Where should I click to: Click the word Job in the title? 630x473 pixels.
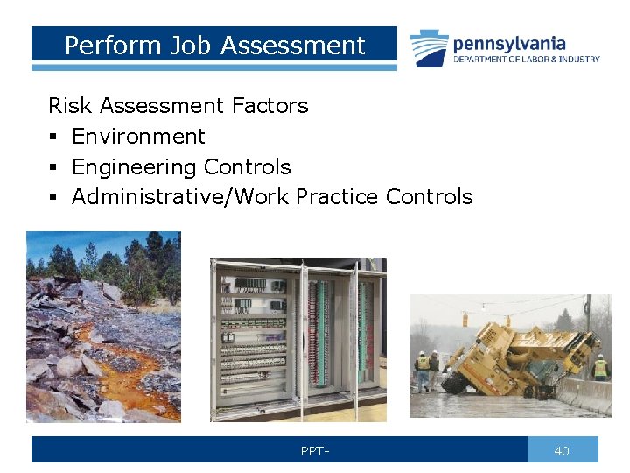click(181, 46)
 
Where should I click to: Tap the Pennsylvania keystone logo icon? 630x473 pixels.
click(429, 47)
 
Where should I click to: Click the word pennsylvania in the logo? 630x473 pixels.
click(509, 43)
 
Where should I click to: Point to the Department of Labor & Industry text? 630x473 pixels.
click(526, 60)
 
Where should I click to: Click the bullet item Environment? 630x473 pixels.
click(138, 137)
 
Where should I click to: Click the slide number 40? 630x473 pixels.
click(562, 451)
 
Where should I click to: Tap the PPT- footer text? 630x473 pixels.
click(315, 451)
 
